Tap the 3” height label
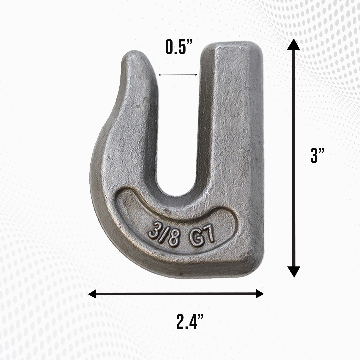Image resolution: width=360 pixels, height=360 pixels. pos(318,155)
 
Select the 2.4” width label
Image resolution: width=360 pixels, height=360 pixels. pos(190,321)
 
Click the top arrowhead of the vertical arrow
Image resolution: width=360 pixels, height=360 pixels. pos(293,45)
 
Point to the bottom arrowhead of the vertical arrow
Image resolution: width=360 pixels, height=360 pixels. pos(293,271)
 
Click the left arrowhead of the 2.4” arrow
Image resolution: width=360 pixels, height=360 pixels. pos(93,294)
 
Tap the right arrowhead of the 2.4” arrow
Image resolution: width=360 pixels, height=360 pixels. pos(259,294)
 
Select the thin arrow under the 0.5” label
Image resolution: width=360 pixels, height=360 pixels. pos(178,75)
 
